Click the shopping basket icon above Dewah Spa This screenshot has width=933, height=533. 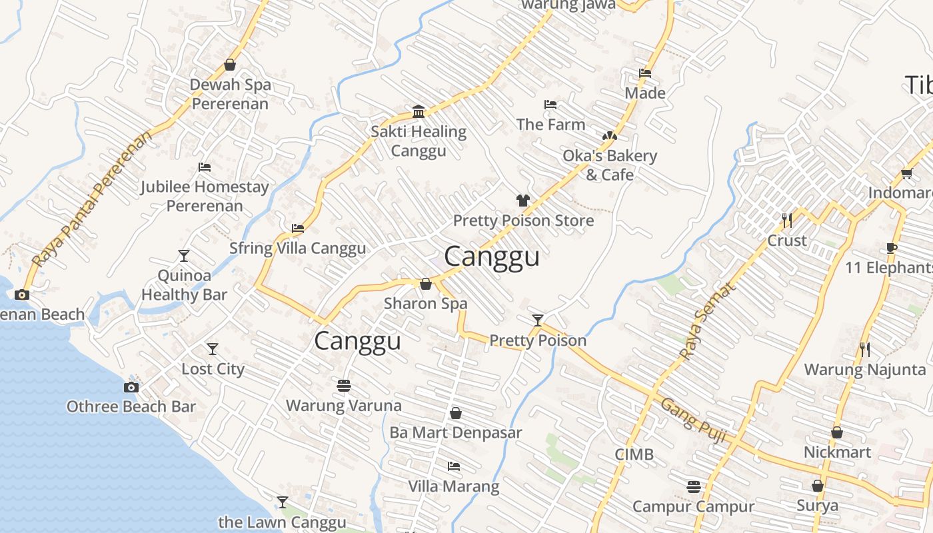tap(230, 65)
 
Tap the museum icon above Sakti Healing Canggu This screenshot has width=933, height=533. tap(419, 111)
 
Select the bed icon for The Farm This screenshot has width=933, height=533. tap(550, 105)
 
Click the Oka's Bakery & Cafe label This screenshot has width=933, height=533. tap(610, 165)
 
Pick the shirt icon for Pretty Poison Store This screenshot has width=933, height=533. tap(523, 201)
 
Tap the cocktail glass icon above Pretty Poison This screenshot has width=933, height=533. tap(538, 320)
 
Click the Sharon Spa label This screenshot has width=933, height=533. tap(426, 304)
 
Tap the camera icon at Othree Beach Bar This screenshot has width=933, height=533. tap(131, 387)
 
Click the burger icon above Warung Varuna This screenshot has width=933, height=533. tap(344, 386)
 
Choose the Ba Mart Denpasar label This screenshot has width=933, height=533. tap(456, 432)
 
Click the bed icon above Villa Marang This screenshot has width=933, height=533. tap(454, 466)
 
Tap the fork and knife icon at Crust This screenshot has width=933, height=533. tap(787, 220)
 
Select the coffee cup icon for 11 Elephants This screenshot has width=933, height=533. tap(892, 249)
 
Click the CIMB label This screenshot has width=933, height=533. tap(634, 454)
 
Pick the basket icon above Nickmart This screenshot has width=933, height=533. tap(837, 432)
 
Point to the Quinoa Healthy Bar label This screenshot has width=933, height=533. tap(184, 285)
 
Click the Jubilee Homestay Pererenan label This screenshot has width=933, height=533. tap(205, 197)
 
